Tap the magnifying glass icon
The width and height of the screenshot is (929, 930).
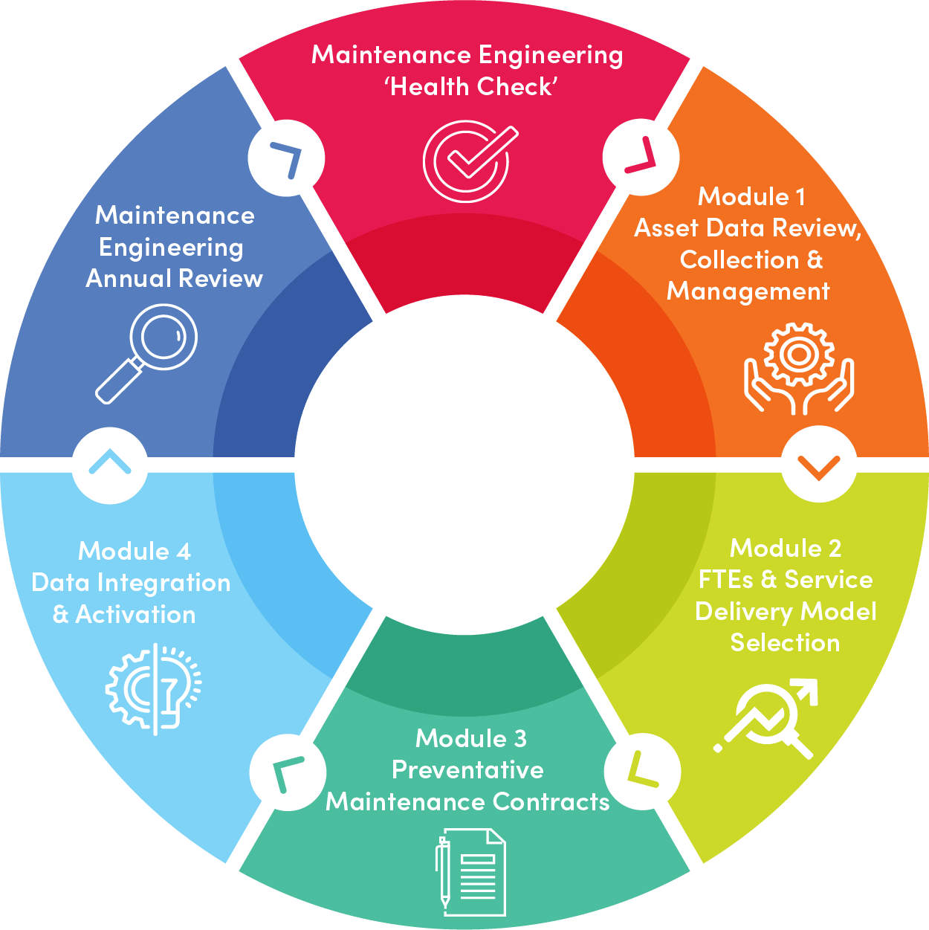(x=147, y=353)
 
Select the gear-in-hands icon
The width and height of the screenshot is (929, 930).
(x=799, y=368)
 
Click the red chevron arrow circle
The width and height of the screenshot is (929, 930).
(x=640, y=157)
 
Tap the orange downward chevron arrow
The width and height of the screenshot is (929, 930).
(x=819, y=466)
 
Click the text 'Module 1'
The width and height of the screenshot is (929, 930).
(x=751, y=197)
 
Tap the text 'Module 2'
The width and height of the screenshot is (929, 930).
(x=786, y=549)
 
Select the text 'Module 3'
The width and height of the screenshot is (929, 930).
(x=471, y=738)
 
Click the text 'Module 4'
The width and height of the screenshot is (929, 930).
(x=135, y=552)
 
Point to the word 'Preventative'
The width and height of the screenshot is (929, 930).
(x=467, y=770)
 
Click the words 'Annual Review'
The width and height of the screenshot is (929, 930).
(x=175, y=279)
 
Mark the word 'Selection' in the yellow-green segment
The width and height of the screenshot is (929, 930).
(x=785, y=643)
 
